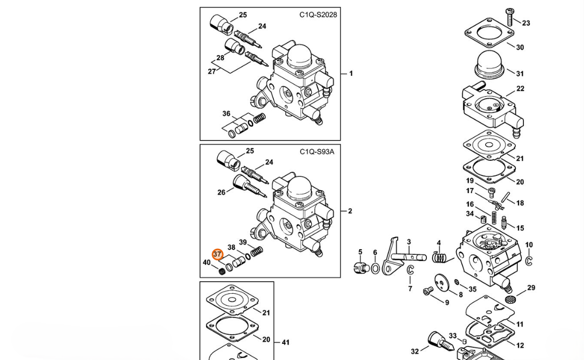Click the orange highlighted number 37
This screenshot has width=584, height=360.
coord(218,254)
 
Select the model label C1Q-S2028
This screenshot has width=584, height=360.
coord(318,15)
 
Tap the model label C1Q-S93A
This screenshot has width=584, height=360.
coord(317,152)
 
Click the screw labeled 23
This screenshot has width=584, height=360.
coord(510,17)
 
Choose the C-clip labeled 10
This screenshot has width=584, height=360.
coord(529,261)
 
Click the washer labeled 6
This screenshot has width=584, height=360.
coord(375,268)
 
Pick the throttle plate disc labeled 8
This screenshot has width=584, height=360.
coord(442,283)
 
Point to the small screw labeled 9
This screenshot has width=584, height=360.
coord(428,291)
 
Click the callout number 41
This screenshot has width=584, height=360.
coord(285,342)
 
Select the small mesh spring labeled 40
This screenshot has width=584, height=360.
coord(222,271)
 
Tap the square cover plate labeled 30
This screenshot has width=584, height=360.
coord(490,33)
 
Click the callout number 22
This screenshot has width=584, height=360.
coord(520,88)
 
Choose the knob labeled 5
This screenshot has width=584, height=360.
coord(361,267)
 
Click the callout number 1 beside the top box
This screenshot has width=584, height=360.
coord(351,74)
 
